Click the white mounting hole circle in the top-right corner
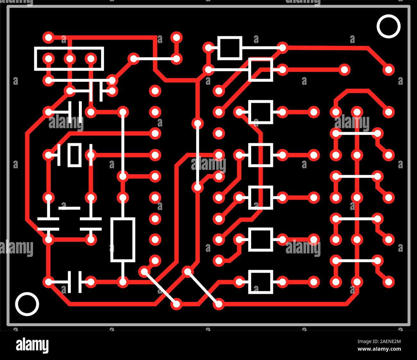[x=388, y=26]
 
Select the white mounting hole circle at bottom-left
[x=27, y=304]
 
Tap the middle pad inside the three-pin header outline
[x=70, y=59]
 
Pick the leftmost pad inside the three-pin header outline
[x=48, y=59]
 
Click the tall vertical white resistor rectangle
[x=123, y=240]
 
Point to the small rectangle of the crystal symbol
[x=74, y=155]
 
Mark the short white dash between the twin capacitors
[x=69, y=208]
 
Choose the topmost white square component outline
[x=229, y=48]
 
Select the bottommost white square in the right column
[x=261, y=282]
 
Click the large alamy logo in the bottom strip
[x=32, y=346]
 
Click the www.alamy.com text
[x=379, y=349]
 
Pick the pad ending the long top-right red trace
[x=388, y=69]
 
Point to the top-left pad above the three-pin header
[x=48, y=37]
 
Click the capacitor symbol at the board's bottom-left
[x=74, y=282]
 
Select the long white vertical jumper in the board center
[x=198, y=155]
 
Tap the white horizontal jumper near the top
[x=155, y=59]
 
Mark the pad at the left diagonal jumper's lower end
[x=176, y=304]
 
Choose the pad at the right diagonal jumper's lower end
[x=219, y=304]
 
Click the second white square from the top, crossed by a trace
[x=261, y=69]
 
